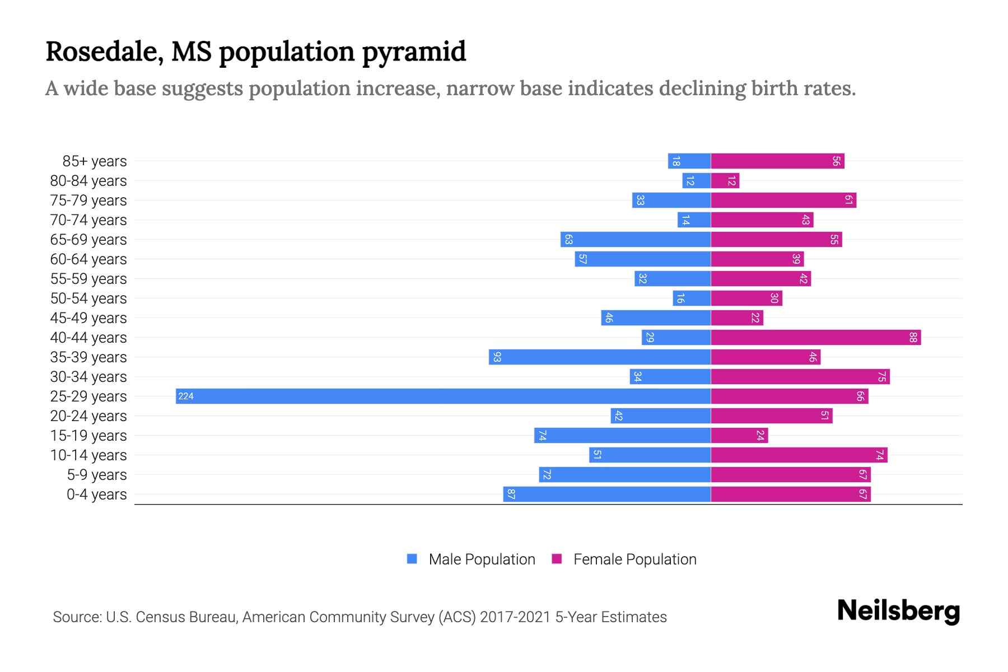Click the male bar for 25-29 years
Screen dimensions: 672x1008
point(442,396)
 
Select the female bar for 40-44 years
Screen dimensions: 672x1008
point(815,338)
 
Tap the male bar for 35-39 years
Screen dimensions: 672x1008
point(599,357)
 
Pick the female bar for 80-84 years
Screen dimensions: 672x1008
point(725,181)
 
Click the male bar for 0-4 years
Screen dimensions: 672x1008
point(606,494)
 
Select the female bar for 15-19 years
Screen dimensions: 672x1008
point(739,436)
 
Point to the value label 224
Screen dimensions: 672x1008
point(186,396)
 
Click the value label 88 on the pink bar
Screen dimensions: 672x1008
point(913,338)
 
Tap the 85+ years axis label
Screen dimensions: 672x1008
point(95,161)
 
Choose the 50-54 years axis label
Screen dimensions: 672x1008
point(88,298)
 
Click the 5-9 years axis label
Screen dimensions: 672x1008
point(97,475)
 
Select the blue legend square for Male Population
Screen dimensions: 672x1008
point(412,559)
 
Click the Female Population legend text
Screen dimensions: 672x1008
point(634,559)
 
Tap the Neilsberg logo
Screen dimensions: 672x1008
point(898,612)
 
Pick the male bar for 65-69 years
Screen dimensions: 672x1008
point(635,240)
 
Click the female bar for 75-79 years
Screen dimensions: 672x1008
point(783,200)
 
